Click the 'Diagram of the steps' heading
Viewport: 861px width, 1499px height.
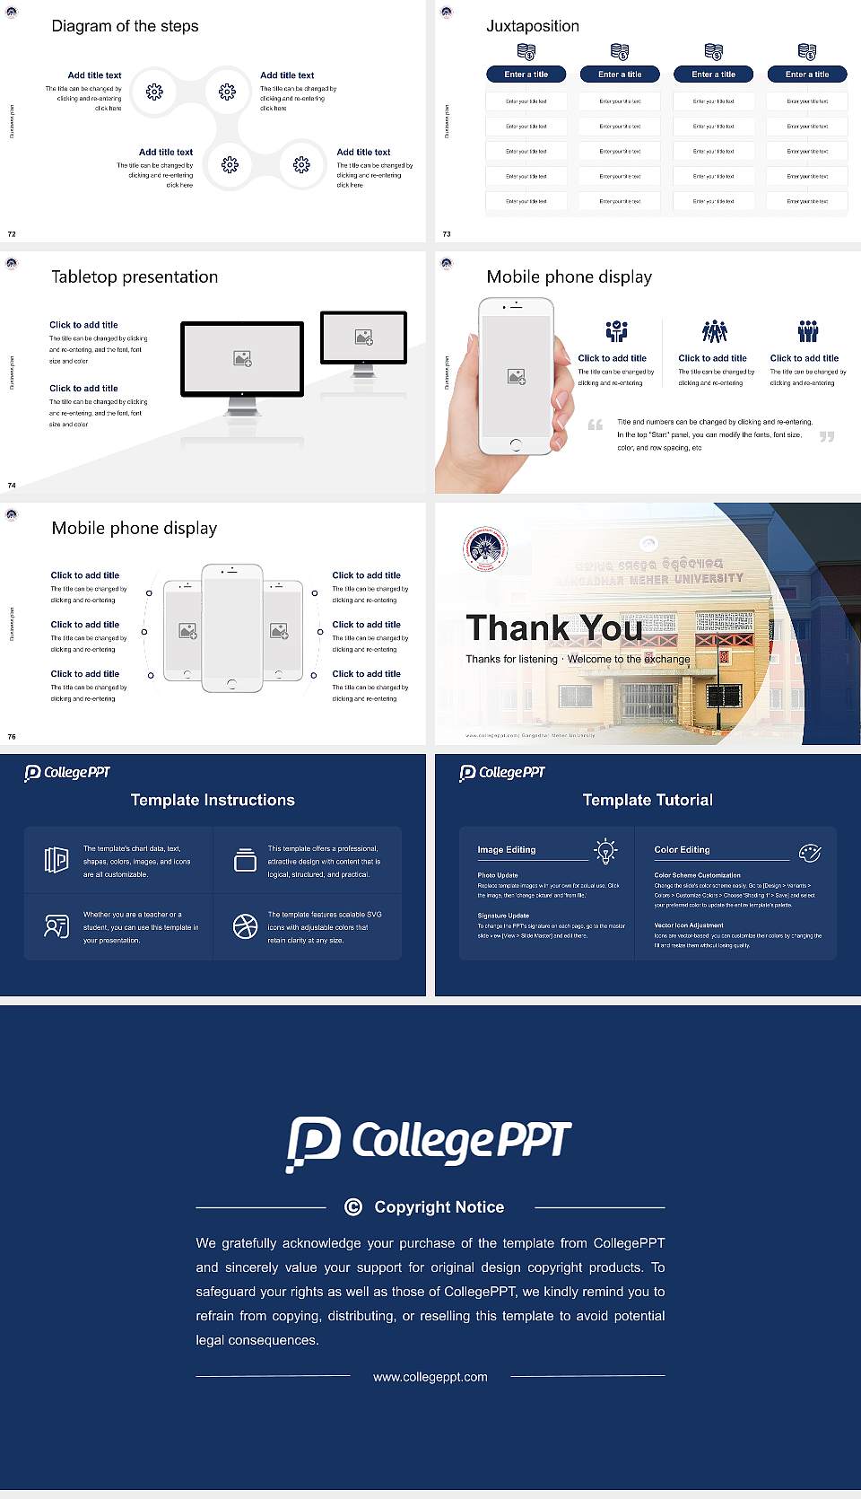[125, 26]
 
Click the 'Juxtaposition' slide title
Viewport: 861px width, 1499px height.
[532, 26]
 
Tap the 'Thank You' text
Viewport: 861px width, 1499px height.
[553, 627]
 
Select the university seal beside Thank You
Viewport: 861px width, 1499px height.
[485, 549]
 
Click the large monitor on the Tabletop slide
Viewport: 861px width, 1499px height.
[242, 358]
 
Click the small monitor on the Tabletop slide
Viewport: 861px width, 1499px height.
[363, 337]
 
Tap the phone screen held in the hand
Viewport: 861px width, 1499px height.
[516, 375]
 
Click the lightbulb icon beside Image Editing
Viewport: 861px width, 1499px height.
[605, 850]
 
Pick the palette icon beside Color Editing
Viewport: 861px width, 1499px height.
[810, 852]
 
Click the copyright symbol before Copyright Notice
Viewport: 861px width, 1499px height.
[353, 1207]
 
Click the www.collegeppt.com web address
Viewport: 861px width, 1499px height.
[430, 1377]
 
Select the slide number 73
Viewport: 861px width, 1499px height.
[447, 234]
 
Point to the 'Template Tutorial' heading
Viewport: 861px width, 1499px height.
[648, 800]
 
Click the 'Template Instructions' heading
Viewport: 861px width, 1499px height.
[213, 800]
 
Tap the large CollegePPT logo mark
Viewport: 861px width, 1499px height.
[313, 1143]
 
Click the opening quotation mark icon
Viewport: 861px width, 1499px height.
[595, 425]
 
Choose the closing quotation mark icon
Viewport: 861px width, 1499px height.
[827, 436]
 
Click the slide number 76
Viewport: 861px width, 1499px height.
[12, 737]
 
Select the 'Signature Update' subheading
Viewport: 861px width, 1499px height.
[503, 916]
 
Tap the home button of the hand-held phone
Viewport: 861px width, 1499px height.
[515, 444]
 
